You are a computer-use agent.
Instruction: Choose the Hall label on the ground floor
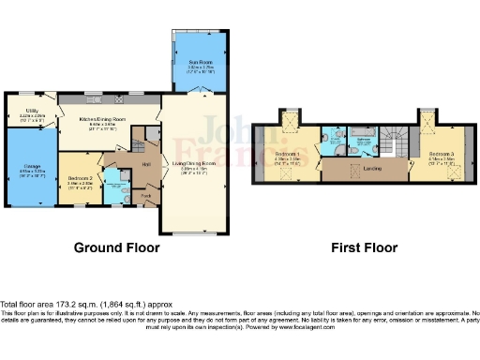145,165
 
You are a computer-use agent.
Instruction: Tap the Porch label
145,196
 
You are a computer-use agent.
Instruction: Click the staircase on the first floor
396,141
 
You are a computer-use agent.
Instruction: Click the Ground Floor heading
116,247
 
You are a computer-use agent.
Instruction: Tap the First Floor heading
363,247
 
